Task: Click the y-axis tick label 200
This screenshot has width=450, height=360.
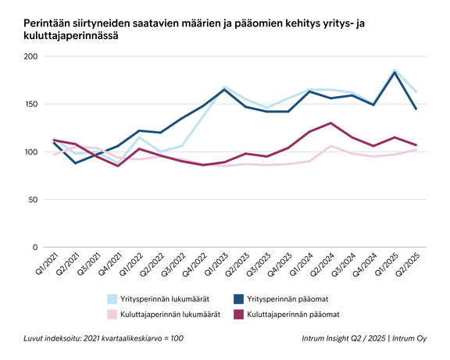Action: (x=30, y=57)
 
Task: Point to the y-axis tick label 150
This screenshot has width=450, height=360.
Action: (x=30, y=105)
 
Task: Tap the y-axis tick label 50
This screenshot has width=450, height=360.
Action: (x=33, y=200)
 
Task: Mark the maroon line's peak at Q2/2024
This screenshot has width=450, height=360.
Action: (x=330, y=123)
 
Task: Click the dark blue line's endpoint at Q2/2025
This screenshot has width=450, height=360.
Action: (x=416, y=109)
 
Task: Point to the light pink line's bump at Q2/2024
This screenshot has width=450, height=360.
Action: (x=330, y=146)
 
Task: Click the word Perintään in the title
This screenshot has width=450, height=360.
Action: (x=45, y=25)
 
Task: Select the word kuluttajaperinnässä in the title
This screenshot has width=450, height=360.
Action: (x=74, y=37)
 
